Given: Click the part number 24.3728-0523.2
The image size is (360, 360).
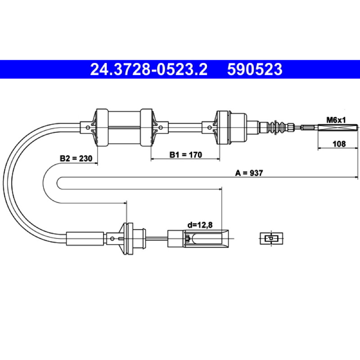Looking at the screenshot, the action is click(149, 69).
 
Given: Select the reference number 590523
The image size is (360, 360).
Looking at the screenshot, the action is click(255, 69).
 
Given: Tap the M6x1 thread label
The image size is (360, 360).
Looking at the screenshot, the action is click(336, 120).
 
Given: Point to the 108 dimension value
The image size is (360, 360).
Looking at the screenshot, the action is click(339, 144).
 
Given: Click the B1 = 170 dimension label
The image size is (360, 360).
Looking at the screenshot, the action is click(185, 155).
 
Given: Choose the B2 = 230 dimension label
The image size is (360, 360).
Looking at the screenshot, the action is click(76, 158).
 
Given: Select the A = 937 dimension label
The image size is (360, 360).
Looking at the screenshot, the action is click(249, 173).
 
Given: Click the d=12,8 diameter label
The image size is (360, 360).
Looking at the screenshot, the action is click(200, 225).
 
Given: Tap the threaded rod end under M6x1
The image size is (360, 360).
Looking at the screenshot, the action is click(338, 127).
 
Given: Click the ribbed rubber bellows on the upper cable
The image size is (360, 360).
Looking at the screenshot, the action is click(277, 127).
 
